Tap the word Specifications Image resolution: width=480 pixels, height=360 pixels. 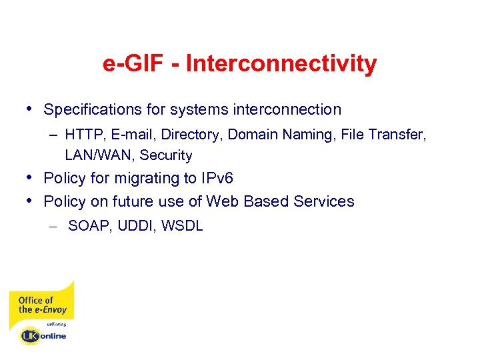93,109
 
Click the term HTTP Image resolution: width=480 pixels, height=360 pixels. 84,135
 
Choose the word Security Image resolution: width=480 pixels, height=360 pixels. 166,156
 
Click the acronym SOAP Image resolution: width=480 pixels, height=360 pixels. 90,226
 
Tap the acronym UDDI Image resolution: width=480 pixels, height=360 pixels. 134,226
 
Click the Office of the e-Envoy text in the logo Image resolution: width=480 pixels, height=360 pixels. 36,305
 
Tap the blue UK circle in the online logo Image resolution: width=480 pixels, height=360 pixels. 29,335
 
